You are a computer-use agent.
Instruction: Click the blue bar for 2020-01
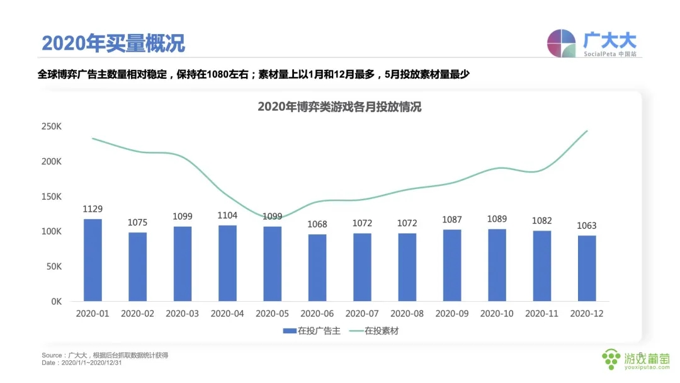click(93, 260)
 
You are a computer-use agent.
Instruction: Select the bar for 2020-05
click(272, 264)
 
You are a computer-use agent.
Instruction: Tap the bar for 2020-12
click(586, 268)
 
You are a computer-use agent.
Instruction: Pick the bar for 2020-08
click(407, 267)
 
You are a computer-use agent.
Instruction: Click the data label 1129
click(93, 209)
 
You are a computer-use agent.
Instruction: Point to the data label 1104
click(227, 215)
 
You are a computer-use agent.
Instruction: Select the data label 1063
click(586, 226)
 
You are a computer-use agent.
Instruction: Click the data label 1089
click(497, 219)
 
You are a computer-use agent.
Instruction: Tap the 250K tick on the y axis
click(51, 127)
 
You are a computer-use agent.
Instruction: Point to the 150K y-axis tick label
click(51, 197)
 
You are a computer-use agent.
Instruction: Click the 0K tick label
click(55, 302)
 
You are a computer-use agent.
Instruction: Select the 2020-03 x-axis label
click(183, 313)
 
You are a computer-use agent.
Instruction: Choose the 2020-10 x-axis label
click(497, 313)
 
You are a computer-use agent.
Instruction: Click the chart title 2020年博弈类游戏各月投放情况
click(339, 107)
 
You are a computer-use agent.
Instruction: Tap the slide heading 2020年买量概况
click(113, 43)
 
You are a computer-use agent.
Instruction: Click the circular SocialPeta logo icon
click(561, 43)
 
